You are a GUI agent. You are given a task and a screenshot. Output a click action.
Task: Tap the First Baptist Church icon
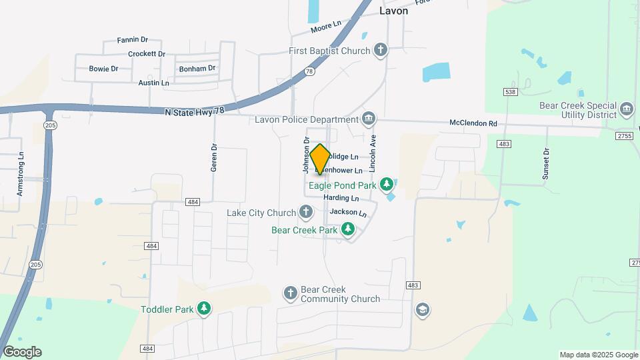coord(380,51)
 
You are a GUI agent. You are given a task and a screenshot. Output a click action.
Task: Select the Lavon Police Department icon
coord(369,119)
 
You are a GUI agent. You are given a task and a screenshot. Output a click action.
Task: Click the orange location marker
coord(320,159)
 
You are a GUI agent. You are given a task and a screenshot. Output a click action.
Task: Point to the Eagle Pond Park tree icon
coord(387,184)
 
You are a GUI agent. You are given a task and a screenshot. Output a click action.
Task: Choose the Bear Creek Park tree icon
coord(347,230)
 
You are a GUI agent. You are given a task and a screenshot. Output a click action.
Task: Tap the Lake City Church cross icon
coord(305,213)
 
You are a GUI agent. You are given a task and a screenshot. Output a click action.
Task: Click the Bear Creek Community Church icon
coord(290,293)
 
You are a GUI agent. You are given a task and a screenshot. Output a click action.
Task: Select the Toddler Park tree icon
coord(204,309)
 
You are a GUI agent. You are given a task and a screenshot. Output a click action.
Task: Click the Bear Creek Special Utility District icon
coord(626,109)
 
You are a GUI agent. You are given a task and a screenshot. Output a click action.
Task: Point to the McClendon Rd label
coord(473,123)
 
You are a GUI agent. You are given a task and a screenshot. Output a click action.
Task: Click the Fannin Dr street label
coord(132,40)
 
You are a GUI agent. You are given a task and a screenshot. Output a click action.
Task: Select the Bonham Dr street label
coord(197,69)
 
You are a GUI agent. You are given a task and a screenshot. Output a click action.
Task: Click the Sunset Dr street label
coord(545,163)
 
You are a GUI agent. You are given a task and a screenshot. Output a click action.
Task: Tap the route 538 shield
coord(511,91)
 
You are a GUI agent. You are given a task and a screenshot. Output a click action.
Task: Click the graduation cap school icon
coord(422,309)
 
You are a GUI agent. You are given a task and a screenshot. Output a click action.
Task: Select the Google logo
coord(22,351)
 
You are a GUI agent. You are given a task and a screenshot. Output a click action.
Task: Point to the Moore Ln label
coord(325,27)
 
